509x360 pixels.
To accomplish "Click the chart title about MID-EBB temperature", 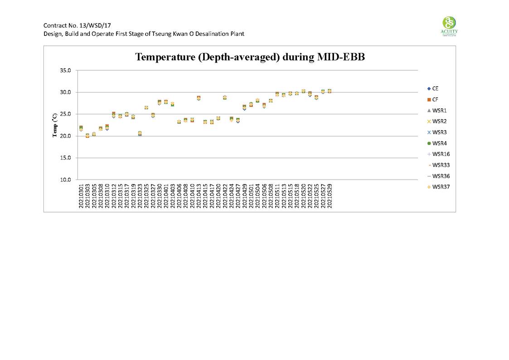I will coord(250,57).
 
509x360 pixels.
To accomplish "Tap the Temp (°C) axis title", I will coord(54,125).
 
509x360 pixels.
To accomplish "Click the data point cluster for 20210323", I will coord(140,133).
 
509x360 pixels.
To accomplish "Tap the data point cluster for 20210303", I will coord(87,136).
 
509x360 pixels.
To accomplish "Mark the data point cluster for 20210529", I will coord(330,91).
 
